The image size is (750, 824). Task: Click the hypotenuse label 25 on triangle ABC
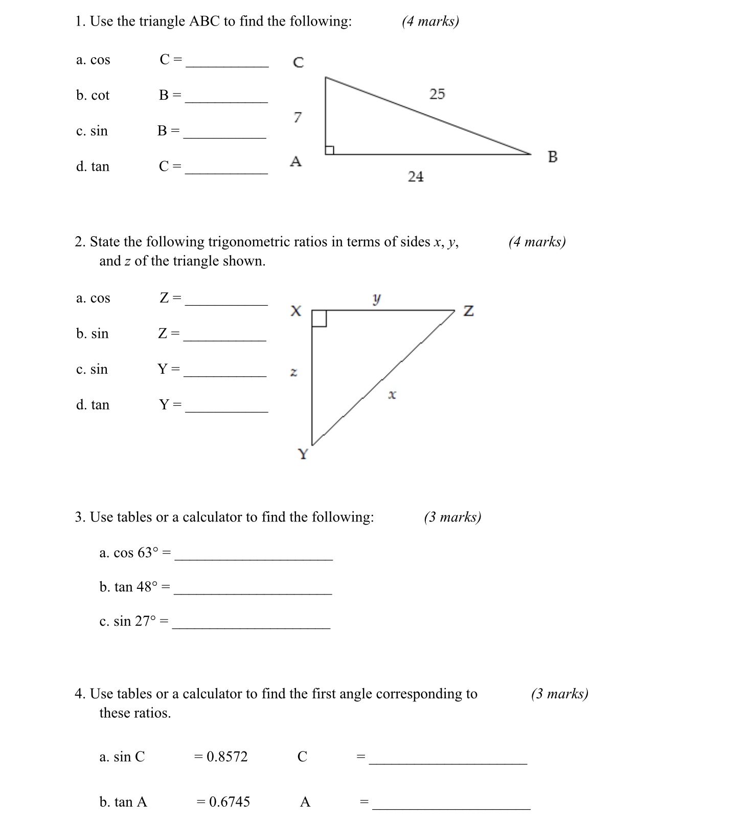click(x=437, y=94)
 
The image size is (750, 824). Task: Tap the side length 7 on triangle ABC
click(x=298, y=118)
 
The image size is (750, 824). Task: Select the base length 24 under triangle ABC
click(x=416, y=177)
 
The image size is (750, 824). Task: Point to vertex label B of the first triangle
click(x=553, y=156)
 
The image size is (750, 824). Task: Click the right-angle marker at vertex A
click(x=330, y=150)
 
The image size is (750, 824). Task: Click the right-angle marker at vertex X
click(x=319, y=318)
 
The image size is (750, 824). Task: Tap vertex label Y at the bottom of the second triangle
click(x=303, y=454)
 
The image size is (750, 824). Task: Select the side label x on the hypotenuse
click(x=392, y=395)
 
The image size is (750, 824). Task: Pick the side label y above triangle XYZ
click(x=377, y=298)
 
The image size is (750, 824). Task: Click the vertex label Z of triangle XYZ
click(x=468, y=311)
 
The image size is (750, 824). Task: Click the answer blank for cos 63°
click(x=254, y=556)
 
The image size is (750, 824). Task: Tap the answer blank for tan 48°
click(x=253, y=590)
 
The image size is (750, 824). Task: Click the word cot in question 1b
click(x=100, y=96)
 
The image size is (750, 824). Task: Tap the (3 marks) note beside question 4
click(x=559, y=694)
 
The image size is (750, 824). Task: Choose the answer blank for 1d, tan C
click(x=226, y=170)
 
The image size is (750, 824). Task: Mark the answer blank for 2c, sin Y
click(x=225, y=373)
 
